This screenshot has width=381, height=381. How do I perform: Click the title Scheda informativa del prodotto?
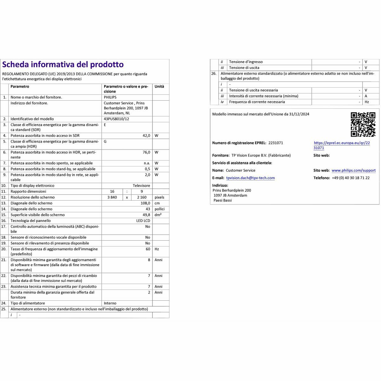(x=63, y=64)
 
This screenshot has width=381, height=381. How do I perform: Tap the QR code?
(x=363, y=124)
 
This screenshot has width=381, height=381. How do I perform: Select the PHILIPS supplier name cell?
(x=110, y=97)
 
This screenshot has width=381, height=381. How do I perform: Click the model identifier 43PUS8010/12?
(x=116, y=119)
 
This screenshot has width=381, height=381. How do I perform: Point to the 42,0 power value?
(x=146, y=136)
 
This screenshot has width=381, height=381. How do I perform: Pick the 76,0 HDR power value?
(x=146, y=152)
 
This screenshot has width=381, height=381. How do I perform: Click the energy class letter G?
(x=105, y=141)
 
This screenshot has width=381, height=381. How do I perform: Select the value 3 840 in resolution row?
(x=112, y=197)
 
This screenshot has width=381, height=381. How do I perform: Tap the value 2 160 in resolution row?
(x=142, y=197)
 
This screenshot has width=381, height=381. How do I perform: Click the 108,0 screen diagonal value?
(x=145, y=203)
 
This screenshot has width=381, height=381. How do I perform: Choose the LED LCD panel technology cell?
(x=143, y=221)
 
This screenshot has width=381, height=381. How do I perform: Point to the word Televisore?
(x=141, y=185)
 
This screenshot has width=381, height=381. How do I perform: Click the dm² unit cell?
(x=158, y=215)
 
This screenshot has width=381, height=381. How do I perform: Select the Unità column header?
(x=159, y=86)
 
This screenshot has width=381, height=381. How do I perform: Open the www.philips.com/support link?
(x=353, y=170)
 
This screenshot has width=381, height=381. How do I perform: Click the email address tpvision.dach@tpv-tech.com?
(x=251, y=178)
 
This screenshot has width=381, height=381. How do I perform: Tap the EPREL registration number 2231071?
(x=276, y=143)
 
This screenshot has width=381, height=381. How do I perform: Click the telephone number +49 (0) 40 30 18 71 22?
(x=351, y=178)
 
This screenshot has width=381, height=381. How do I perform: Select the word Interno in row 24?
(x=110, y=303)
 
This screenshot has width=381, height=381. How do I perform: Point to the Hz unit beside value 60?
(x=157, y=249)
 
